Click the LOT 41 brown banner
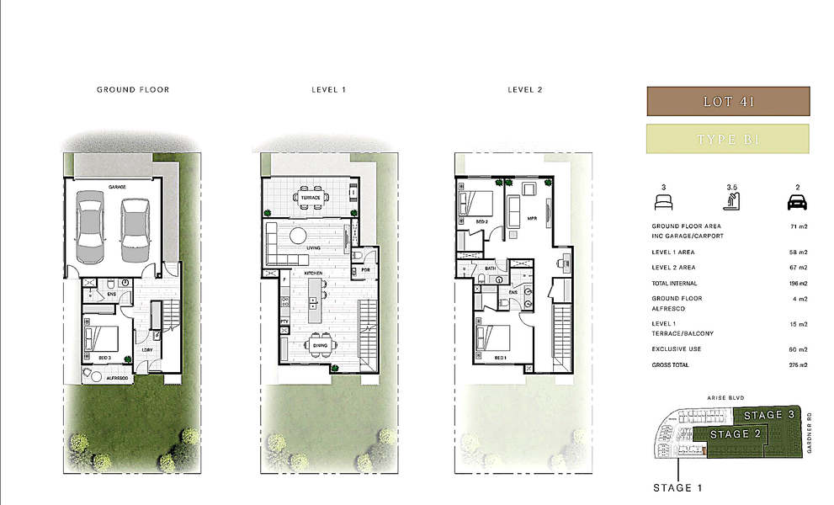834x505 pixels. point(727,102)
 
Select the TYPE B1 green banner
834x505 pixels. point(727,139)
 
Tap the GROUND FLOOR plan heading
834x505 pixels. point(133,89)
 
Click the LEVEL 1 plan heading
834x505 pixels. point(327,89)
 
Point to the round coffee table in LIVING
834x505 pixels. point(300,234)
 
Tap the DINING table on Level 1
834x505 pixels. point(321,345)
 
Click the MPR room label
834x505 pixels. point(532,218)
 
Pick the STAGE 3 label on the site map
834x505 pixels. point(768,414)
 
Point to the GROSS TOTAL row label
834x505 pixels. point(671,365)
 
